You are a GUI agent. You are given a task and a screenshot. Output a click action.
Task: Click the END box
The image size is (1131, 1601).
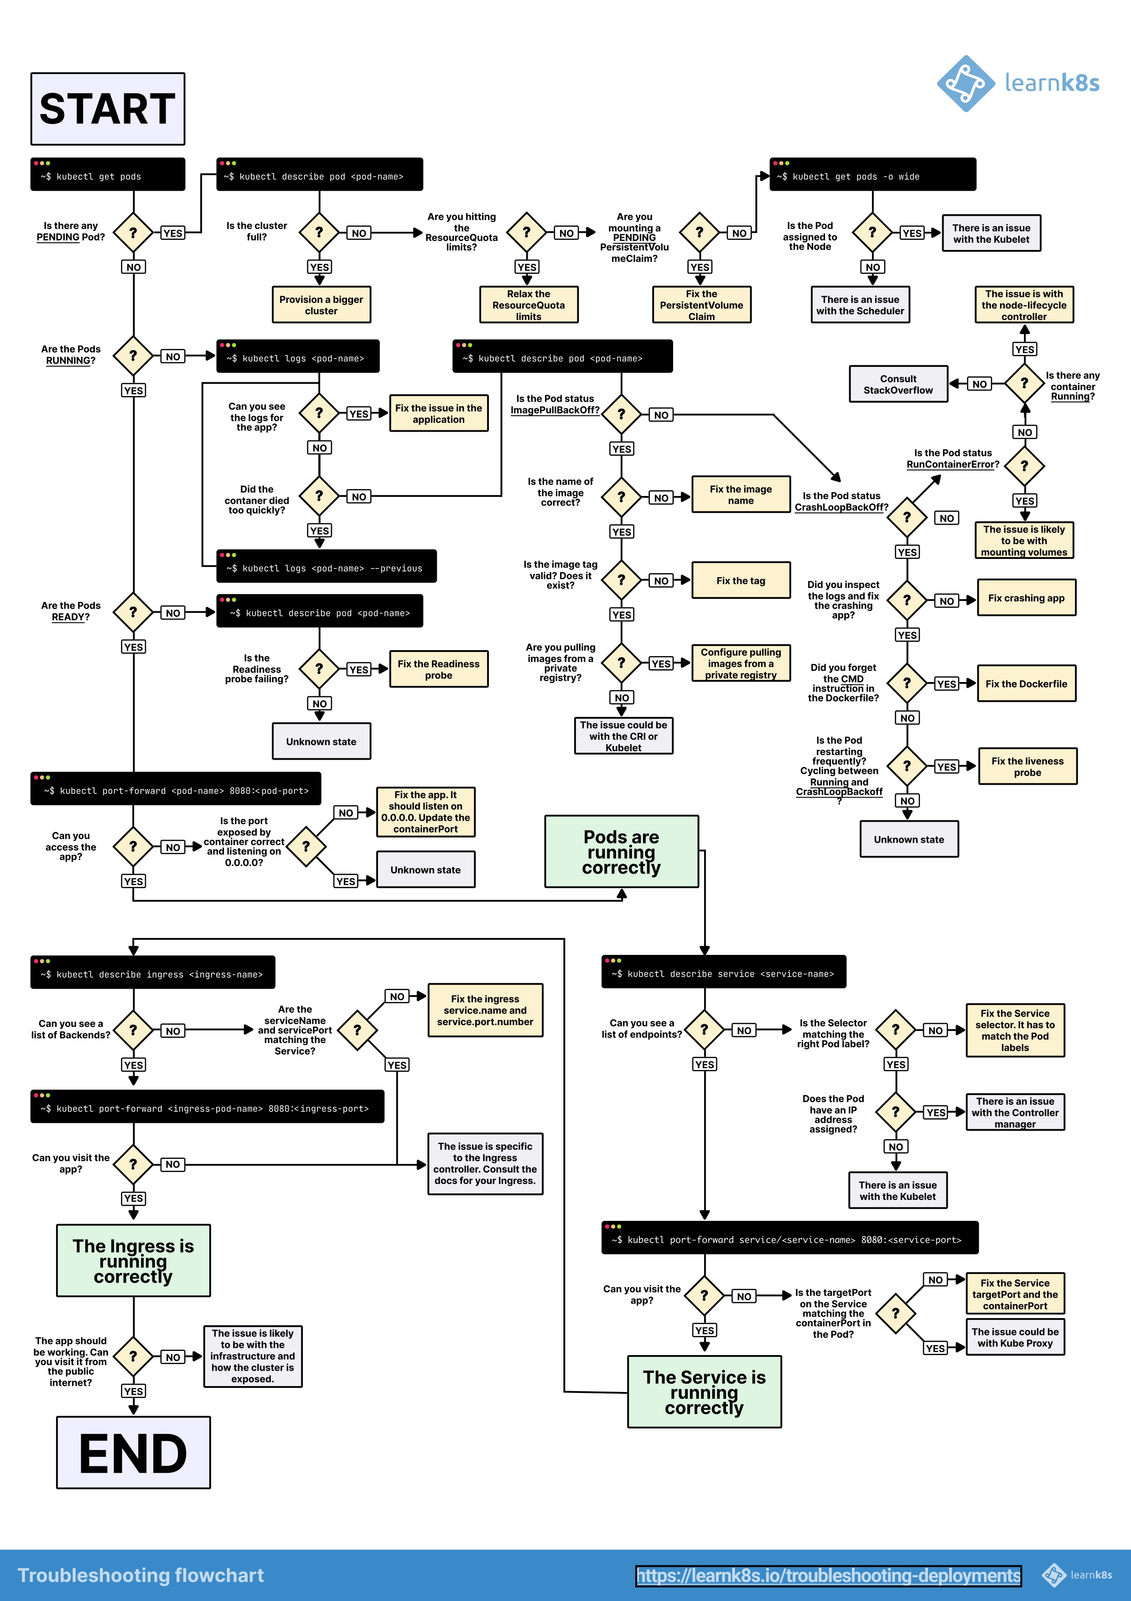[133, 1452]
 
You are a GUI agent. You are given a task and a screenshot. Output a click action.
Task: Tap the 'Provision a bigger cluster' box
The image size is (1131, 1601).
[321, 305]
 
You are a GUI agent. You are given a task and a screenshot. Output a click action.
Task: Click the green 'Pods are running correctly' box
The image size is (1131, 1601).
[621, 851]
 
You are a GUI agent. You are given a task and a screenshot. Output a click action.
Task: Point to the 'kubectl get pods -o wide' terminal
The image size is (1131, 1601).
[872, 174]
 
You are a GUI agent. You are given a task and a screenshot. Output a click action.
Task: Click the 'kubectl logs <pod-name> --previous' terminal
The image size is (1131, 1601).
[326, 566]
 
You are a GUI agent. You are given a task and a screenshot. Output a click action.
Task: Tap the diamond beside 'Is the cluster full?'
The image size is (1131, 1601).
[319, 232]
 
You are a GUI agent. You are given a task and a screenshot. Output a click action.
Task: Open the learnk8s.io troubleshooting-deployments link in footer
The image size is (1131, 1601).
[828, 1575]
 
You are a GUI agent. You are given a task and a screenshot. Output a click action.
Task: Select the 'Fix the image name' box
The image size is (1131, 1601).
[740, 495]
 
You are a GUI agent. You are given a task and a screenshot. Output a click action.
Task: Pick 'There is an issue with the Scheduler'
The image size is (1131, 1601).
[860, 305]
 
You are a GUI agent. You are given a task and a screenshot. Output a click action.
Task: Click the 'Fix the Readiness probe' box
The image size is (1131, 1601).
[438, 669]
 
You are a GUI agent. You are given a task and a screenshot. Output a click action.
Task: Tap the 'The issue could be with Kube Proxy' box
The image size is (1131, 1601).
[1015, 1337]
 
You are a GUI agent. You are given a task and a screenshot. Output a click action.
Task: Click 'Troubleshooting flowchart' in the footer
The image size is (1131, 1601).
[141, 1575]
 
